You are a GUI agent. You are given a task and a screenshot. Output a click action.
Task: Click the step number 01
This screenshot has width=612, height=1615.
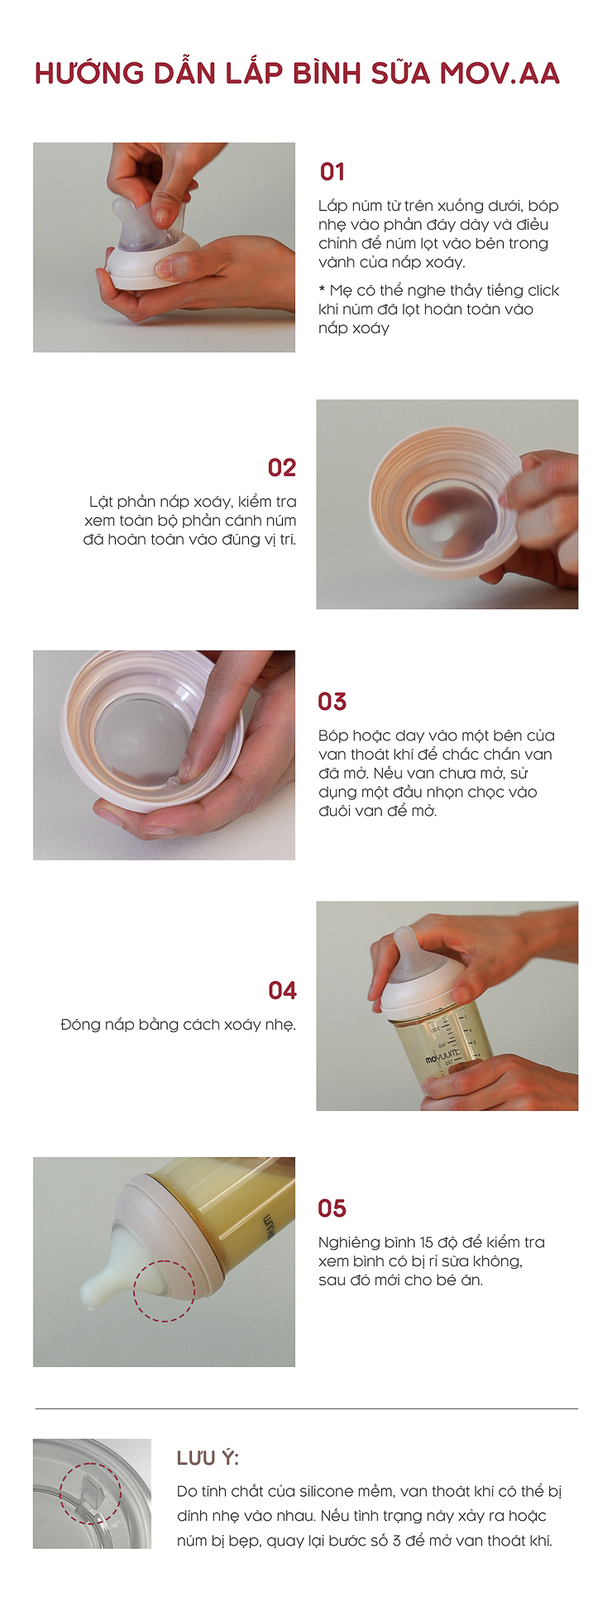point(332,172)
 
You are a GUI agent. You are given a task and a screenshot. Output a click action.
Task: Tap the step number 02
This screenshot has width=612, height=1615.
point(282,468)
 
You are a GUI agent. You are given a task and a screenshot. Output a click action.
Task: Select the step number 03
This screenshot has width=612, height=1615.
point(332,702)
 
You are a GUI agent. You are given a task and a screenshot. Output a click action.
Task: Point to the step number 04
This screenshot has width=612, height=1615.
point(282,990)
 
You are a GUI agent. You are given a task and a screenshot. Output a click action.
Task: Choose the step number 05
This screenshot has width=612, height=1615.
point(332,1208)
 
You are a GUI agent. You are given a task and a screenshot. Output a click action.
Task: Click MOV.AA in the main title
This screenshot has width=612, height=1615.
point(500,74)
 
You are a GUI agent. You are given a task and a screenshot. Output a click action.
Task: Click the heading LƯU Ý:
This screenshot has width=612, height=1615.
point(208,1458)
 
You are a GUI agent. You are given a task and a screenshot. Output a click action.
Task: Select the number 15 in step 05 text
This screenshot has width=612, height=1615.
point(427,1242)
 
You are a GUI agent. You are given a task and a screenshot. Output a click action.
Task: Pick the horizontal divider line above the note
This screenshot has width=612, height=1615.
point(307,1408)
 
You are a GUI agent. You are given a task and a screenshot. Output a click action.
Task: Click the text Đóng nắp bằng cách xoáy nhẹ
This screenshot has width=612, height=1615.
point(178,1025)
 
